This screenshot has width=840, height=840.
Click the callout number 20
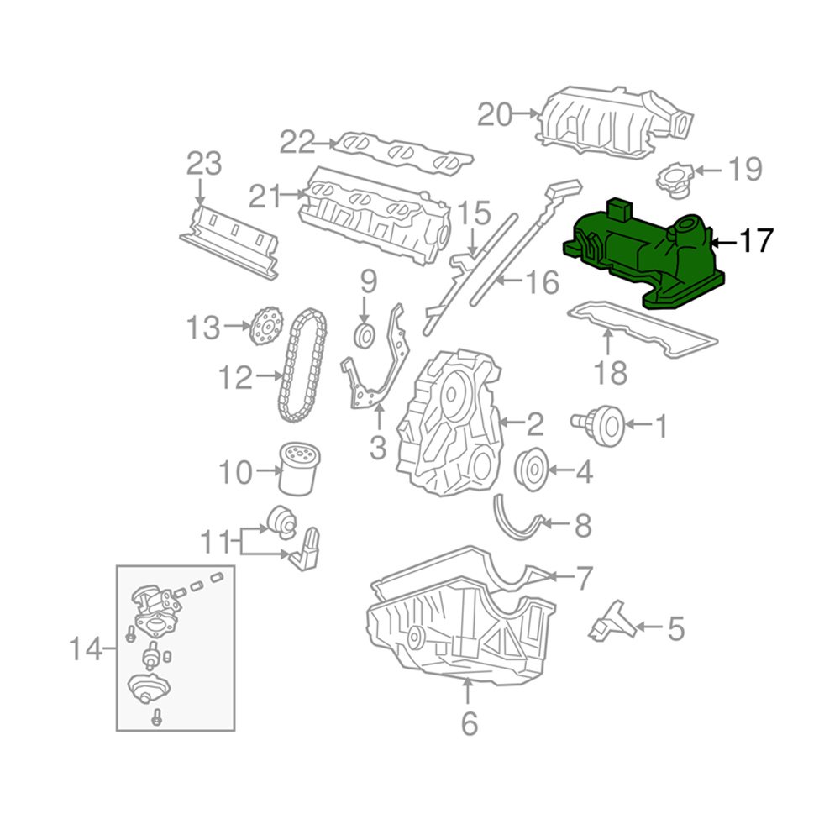pos(495,114)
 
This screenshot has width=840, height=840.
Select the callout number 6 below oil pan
pos(469,722)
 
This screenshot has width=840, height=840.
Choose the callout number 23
pos(204,163)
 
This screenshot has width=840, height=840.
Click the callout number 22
pos(297,143)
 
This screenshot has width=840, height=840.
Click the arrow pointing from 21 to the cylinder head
pos(294,195)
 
